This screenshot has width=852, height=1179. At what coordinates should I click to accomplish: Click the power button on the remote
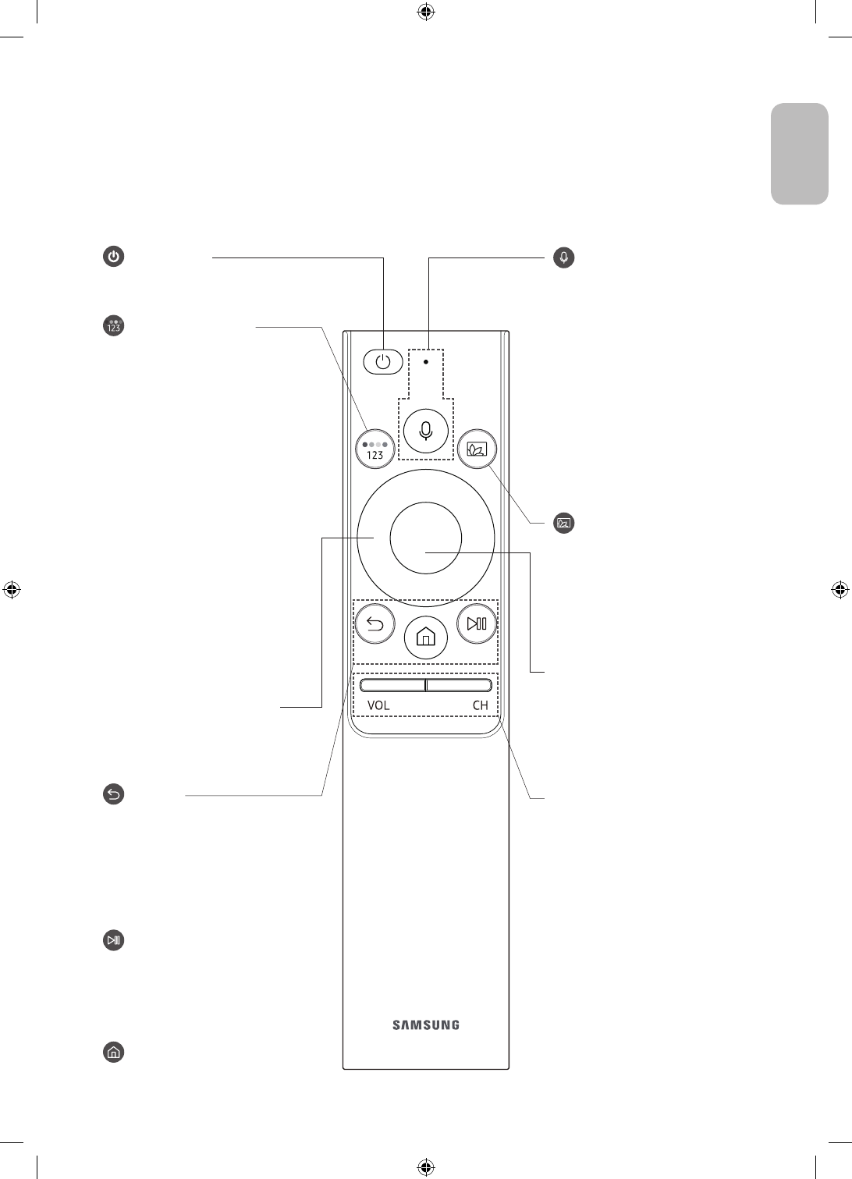click(x=382, y=362)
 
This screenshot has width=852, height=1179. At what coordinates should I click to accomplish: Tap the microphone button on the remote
click(x=425, y=430)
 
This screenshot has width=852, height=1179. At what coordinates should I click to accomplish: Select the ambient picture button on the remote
click(x=477, y=449)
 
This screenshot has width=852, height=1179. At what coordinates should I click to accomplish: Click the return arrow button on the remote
click(x=375, y=623)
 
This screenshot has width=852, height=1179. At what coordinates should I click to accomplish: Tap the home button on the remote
click(x=425, y=637)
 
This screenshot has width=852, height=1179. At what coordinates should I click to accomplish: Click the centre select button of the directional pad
click(x=426, y=538)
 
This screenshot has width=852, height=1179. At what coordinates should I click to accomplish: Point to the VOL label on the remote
click(x=378, y=705)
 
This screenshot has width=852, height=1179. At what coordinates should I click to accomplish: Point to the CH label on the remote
click(x=480, y=705)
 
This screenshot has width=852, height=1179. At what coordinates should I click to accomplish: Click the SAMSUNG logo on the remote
click(x=426, y=1025)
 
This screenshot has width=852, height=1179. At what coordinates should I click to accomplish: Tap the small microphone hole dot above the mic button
click(x=425, y=362)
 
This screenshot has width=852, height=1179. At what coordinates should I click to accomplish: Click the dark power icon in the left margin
click(x=114, y=257)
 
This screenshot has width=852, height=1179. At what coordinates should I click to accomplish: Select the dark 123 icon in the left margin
click(x=114, y=326)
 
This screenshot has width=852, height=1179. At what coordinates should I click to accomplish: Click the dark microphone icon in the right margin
click(x=564, y=257)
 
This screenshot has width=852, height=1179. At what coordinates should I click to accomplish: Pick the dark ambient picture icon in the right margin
click(x=564, y=522)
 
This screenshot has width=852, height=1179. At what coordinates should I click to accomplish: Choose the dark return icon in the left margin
click(x=114, y=795)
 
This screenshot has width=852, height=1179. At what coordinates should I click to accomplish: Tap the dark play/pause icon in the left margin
click(x=114, y=940)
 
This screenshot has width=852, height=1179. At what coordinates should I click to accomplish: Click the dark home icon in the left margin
click(x=114, y=1052)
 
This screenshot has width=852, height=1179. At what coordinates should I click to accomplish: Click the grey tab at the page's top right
click(x=800, y=154)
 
